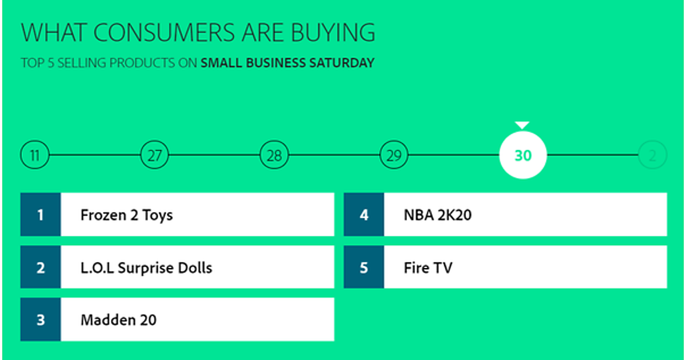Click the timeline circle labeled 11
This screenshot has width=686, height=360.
pyautogui.click(x=35, y=155)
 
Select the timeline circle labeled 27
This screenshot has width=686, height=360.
pyautogui.click(x=154, y=155)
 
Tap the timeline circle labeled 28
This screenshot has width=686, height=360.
pyautogui.click(x=274, y=155)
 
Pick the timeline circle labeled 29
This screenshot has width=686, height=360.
pyautogui.click(x=394, y=155)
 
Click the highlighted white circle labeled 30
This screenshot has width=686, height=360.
pyautogui.click(x=523, y=155)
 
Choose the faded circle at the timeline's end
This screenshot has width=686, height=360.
pyautogui.click(x=652, y=155)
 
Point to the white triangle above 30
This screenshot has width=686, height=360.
pyautogui.click(x=522, y=125)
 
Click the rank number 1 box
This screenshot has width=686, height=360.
pyautogui.click(x=41, y=214)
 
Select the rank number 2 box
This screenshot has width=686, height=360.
pyautogui.click(x=41, y=267)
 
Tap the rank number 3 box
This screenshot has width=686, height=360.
pyautogui.click(x=41, y=319)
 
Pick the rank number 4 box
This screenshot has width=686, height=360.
pyautogui.click(x=364, y=214)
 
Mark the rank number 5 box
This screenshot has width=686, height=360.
pyautogui.click(x=364, y=267)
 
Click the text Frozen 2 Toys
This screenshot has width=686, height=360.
pyautogui.click(x=126, y=215)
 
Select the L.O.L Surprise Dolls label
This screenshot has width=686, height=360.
pyautogui.click(x=146, y=268)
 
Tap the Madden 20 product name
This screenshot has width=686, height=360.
pyautogui.click(x=118, y=320)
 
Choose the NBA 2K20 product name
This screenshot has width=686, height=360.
pyautogui.click(x=438, y=215)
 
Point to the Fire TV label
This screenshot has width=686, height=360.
pyautogui.click(x=428, y=268)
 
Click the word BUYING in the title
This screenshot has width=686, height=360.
pyautogui.click(x=333, y=33)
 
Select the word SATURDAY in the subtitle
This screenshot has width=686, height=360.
pyautogui.click(x=342, y=63)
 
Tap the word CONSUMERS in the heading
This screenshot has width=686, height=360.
pyautogui.click(x=165, y=33)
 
